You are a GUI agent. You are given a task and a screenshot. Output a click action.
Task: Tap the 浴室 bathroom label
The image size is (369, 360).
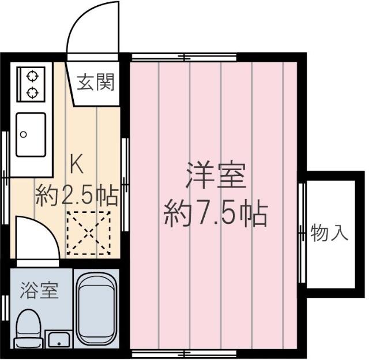pyautogui.click(x=39, y=290)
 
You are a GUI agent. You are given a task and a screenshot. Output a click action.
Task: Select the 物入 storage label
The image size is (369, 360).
pyautogui.click(x=330, y=233)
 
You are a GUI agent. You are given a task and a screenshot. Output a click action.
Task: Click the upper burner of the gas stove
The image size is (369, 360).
pyautogui.click(x=31, y=75)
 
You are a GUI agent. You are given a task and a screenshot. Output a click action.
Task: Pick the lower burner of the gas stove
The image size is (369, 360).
pyautogui.click(x=31, y=91)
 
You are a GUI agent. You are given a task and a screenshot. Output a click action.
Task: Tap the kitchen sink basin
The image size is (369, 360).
pyautogui.click(x=31, y=134)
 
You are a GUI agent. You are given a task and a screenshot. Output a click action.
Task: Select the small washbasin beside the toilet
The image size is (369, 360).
pyautogui.click(x=58, y=339)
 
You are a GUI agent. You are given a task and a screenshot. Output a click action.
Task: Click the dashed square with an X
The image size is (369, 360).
pyautogui.click(x=88, y=232)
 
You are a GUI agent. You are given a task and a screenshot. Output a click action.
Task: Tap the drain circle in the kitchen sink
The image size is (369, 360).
pyautogui.click(x=24, y=135)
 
